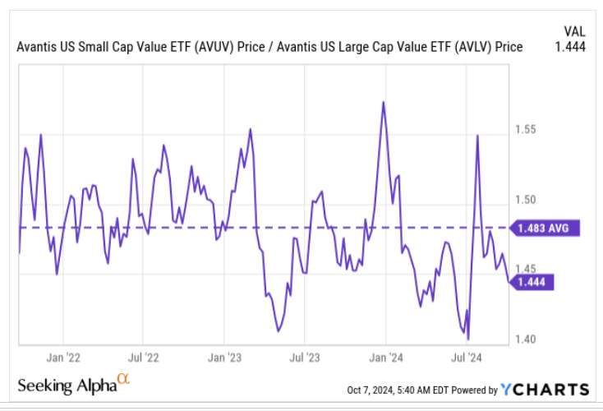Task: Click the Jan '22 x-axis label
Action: (62, 358)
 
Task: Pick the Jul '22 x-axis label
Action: (144, 358)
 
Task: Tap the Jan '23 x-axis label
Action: (224, 358)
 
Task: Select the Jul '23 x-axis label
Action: (305, 358)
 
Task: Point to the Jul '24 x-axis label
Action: (467, 358)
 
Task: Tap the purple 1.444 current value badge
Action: (533, 282)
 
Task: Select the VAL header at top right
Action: (574, 30)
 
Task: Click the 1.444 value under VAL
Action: (570, 47)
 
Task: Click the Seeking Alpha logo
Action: (73, 385)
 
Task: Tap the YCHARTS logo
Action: (545, 390)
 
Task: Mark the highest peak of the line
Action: (383, 102)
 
